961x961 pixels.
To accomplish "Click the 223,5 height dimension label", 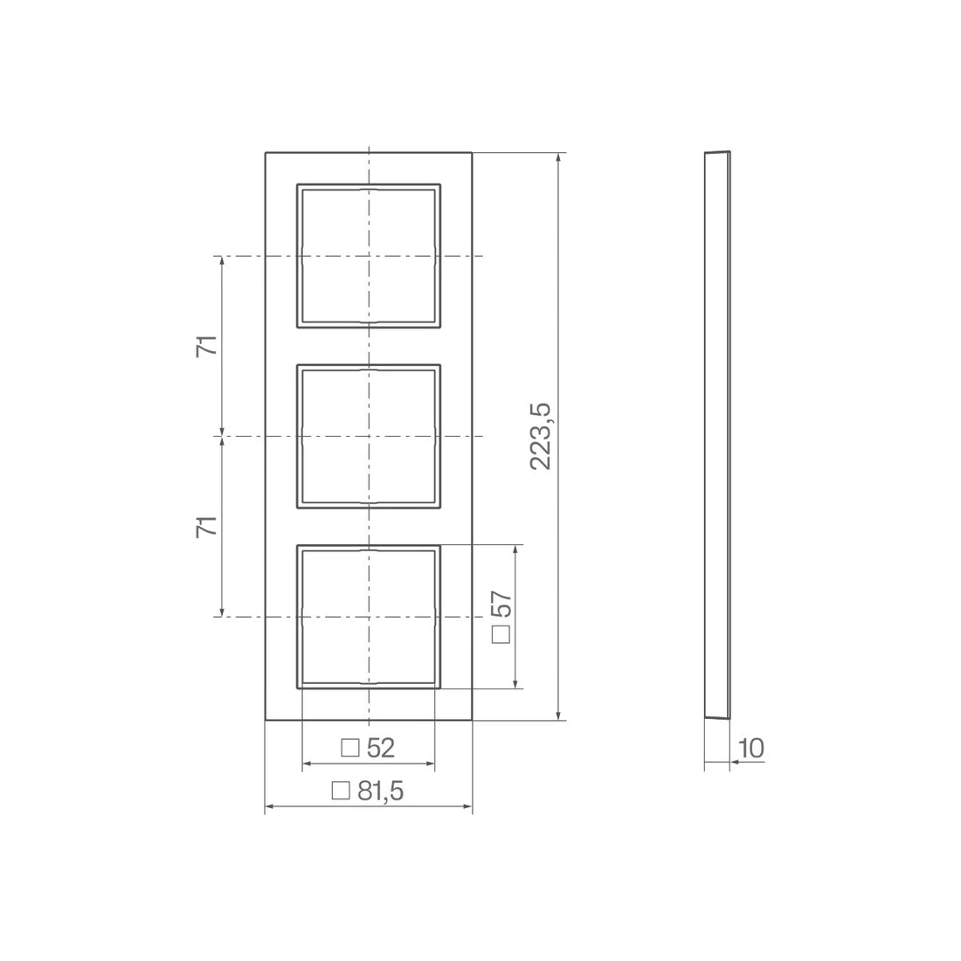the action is click(x=541, y=436).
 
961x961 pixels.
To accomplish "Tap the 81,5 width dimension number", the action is click(x=381, y=792).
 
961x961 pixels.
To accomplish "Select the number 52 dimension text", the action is click(x=381, y=748).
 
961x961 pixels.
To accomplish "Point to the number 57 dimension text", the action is click(x=501, y=604).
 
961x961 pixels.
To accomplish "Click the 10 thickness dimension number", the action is click(x=751, y=749).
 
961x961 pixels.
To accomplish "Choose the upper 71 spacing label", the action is click(x=207, y=346).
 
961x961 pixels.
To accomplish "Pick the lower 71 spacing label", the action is click(x=207, y=527).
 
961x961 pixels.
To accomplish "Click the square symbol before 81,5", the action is click(x=340, y=791).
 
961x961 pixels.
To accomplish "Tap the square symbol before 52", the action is click(x=350, y=748).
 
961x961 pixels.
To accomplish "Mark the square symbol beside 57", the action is click(x=501, y=634).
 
